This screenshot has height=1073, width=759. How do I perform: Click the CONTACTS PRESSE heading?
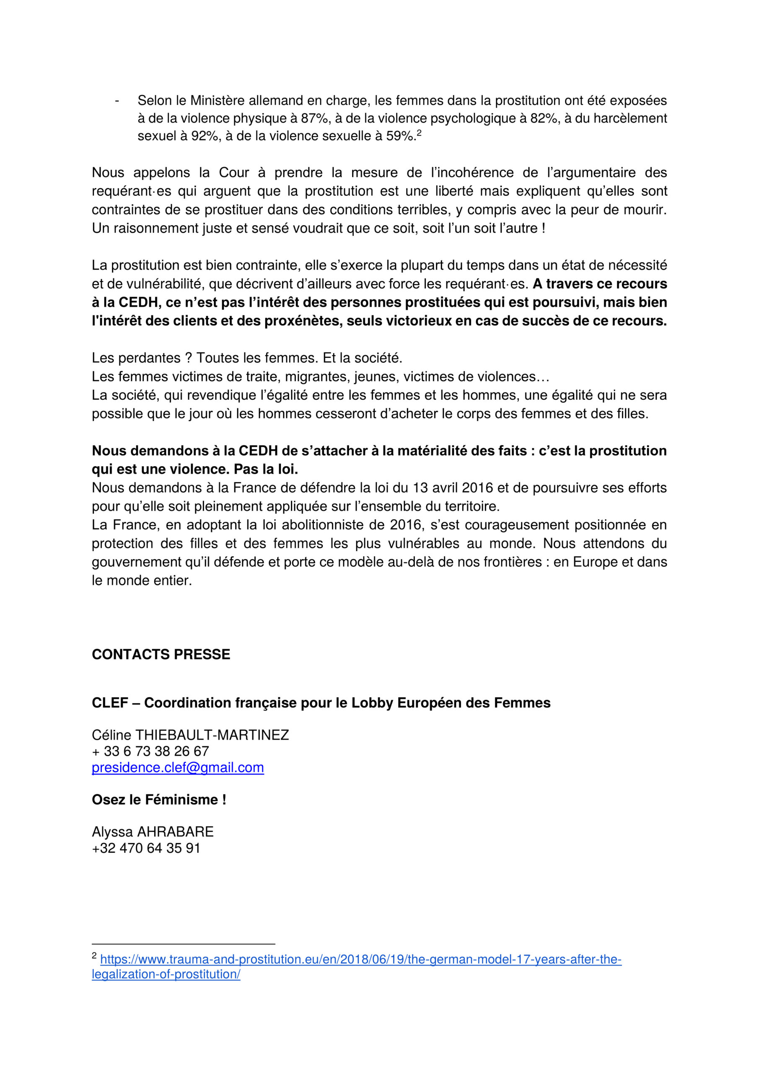pos(161,654)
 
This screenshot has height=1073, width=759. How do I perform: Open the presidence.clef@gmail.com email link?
pos(178,767)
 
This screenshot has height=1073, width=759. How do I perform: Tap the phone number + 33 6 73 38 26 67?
pos(150,751)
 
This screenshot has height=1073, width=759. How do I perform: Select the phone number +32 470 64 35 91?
pos(146,848)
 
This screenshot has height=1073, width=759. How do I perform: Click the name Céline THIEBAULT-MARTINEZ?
pos(190,735)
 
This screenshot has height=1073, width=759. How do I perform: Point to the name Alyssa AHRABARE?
pos(153,832)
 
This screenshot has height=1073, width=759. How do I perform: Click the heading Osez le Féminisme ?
pos(159,800)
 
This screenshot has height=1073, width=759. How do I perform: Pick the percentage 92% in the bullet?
pos(205,136)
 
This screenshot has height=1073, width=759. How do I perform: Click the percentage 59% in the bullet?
pos(399,136)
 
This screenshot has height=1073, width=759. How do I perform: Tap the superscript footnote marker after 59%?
pos(419,133)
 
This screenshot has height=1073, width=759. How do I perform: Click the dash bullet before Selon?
pos(117,101)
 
